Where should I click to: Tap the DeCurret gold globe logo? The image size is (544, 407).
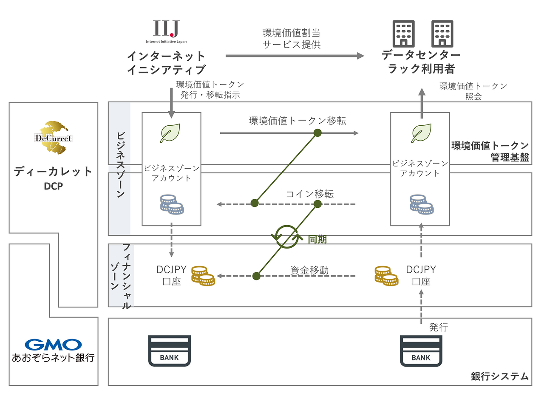point(54,137)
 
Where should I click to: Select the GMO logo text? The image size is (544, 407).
point(53,345)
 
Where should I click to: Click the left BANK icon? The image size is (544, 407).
point(169,351)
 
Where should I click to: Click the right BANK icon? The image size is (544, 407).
point(421,351)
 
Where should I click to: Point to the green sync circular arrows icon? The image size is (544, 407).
point(287,237)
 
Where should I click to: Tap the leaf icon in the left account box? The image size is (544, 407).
point(170,133)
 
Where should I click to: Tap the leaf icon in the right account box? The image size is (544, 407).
point(421,133)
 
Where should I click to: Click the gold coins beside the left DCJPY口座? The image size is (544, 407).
point(203,276)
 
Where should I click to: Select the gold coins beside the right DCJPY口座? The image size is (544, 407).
point(386,276)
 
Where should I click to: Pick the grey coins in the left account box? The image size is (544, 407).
point(172,204)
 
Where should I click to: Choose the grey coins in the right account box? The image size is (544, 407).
point(422,204)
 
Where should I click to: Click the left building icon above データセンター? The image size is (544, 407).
point(403,34)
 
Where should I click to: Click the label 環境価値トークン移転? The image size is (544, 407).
point(297,121)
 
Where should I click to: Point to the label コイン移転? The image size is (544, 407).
point(309,194)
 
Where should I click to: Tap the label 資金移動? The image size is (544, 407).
point(309,270)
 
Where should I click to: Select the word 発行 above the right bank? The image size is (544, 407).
point(439,327)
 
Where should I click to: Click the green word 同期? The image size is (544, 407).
point(317,240)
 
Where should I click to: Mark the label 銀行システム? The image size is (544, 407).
point(499,376)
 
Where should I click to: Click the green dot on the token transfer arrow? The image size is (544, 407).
point(317,133)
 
